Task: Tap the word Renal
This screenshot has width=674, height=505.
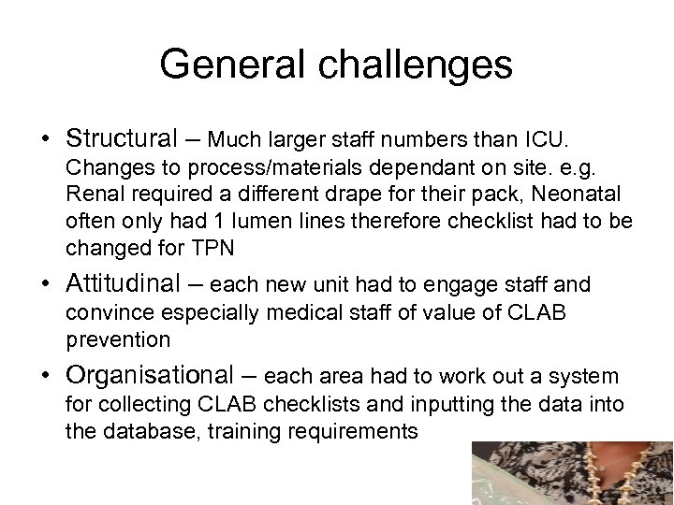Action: coord(92,195)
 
